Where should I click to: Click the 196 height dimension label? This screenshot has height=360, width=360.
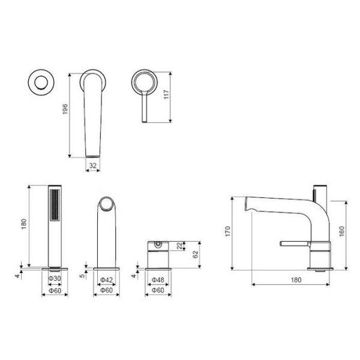pyautogui.click(x=65, y=109)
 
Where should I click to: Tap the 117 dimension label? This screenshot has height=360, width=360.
pyautogui.click(x=166, y=94)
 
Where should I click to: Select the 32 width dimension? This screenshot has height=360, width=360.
pyautogui.click(x=93, y=166)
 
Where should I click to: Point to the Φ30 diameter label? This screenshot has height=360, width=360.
pyautogui.click(x=55, y=278)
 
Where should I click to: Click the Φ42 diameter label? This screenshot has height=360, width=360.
pyautogui.click(x=107, y=280)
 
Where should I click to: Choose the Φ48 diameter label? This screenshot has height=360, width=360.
pyautogui.click(x=158, y=280)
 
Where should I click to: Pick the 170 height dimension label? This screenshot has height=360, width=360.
pyautogui.click(x=227, y=231)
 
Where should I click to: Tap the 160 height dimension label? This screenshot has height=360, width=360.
pyautogui.click(x=342, y=231)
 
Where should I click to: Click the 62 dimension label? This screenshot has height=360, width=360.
pyautogui.click(x=195, y=254)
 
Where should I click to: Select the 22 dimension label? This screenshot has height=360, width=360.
pyautogui.click(x=180, y=245)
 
